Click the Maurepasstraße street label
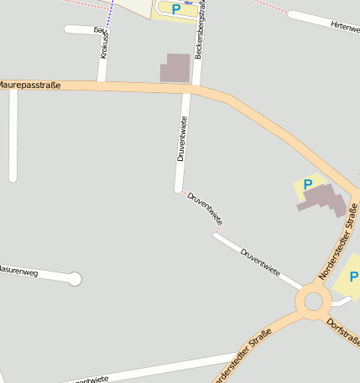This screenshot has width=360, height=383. (30, 85)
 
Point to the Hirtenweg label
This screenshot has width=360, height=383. (344, 27)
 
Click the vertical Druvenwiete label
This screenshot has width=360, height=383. (181, 138)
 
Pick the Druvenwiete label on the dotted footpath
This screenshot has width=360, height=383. (205, 209)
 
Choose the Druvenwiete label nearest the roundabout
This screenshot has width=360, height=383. (260, 262)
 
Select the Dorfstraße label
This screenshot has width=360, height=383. (342, 334)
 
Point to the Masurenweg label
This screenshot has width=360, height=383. (18, 272)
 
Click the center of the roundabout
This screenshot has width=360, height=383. (314, 300)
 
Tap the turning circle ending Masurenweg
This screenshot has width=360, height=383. (75, 279)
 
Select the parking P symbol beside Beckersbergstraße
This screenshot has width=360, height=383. (176, 9)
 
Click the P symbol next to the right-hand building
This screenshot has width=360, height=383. (307, 184)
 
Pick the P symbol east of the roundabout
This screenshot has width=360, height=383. (354, 277)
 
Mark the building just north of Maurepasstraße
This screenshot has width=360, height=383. (175, 68)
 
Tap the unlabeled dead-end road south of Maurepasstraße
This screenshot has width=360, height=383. (13, 134)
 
